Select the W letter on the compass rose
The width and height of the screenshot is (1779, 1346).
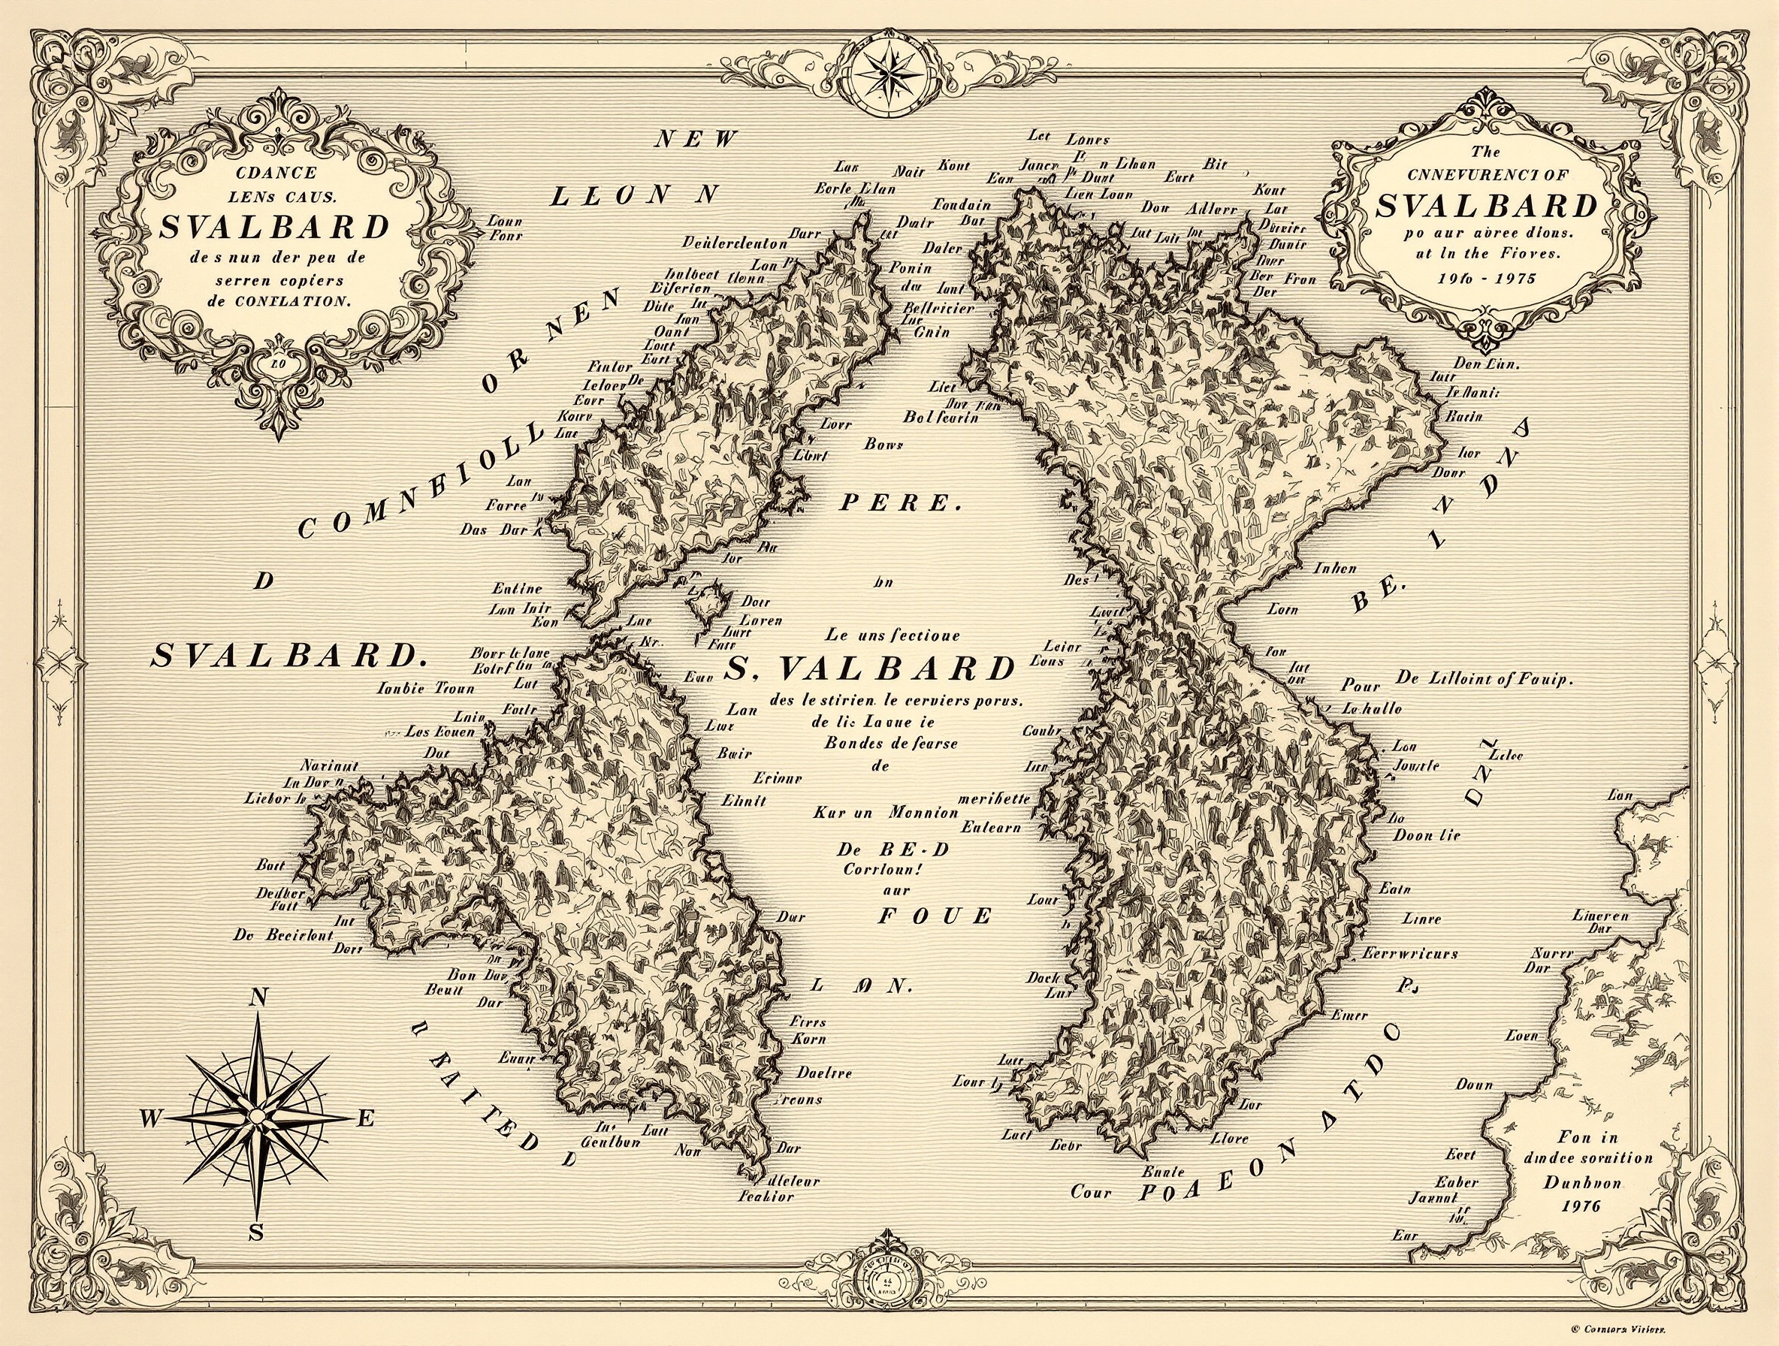150,1118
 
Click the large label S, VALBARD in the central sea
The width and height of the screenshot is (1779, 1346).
868,668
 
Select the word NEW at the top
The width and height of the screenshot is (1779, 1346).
696,140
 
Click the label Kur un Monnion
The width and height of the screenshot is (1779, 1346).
885,813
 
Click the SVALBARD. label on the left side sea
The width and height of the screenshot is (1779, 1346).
287,657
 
